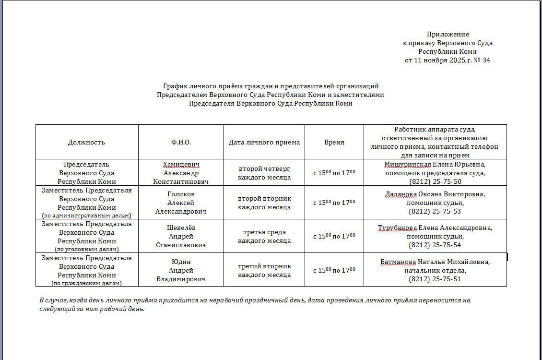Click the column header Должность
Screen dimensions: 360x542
(x=86, y=142)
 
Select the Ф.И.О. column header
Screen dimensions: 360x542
(x=181, y=142)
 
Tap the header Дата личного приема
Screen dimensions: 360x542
(x=264, y=142)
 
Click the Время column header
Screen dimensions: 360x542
(x=334, y=142)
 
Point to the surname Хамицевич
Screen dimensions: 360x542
(x=181, y=165)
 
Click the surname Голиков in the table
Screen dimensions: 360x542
(x=181, y=194)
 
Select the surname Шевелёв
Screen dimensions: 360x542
(x=181, y=228)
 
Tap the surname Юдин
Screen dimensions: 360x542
(x=181, y=262)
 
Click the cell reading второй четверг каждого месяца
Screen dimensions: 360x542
(x=264, y=173)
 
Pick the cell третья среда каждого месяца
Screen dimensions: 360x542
(x=264, y=236)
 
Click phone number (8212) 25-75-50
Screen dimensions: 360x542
(x=435, y=181)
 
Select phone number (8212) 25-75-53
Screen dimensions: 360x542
(x=435, y=211)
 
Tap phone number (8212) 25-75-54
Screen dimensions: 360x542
(x=435, y=245)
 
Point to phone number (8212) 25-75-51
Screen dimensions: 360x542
(x=435, y=279)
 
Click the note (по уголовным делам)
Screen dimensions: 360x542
(x=87, y=249)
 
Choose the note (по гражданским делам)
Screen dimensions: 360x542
(x=87, y=283)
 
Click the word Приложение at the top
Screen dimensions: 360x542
(x=448, y=35)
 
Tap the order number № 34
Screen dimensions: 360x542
(x=482, y=60)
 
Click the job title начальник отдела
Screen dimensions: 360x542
(x=435, y=271)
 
